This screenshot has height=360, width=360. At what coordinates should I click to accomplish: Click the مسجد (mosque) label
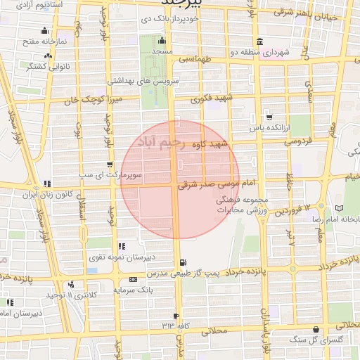click(x=161, y=53)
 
